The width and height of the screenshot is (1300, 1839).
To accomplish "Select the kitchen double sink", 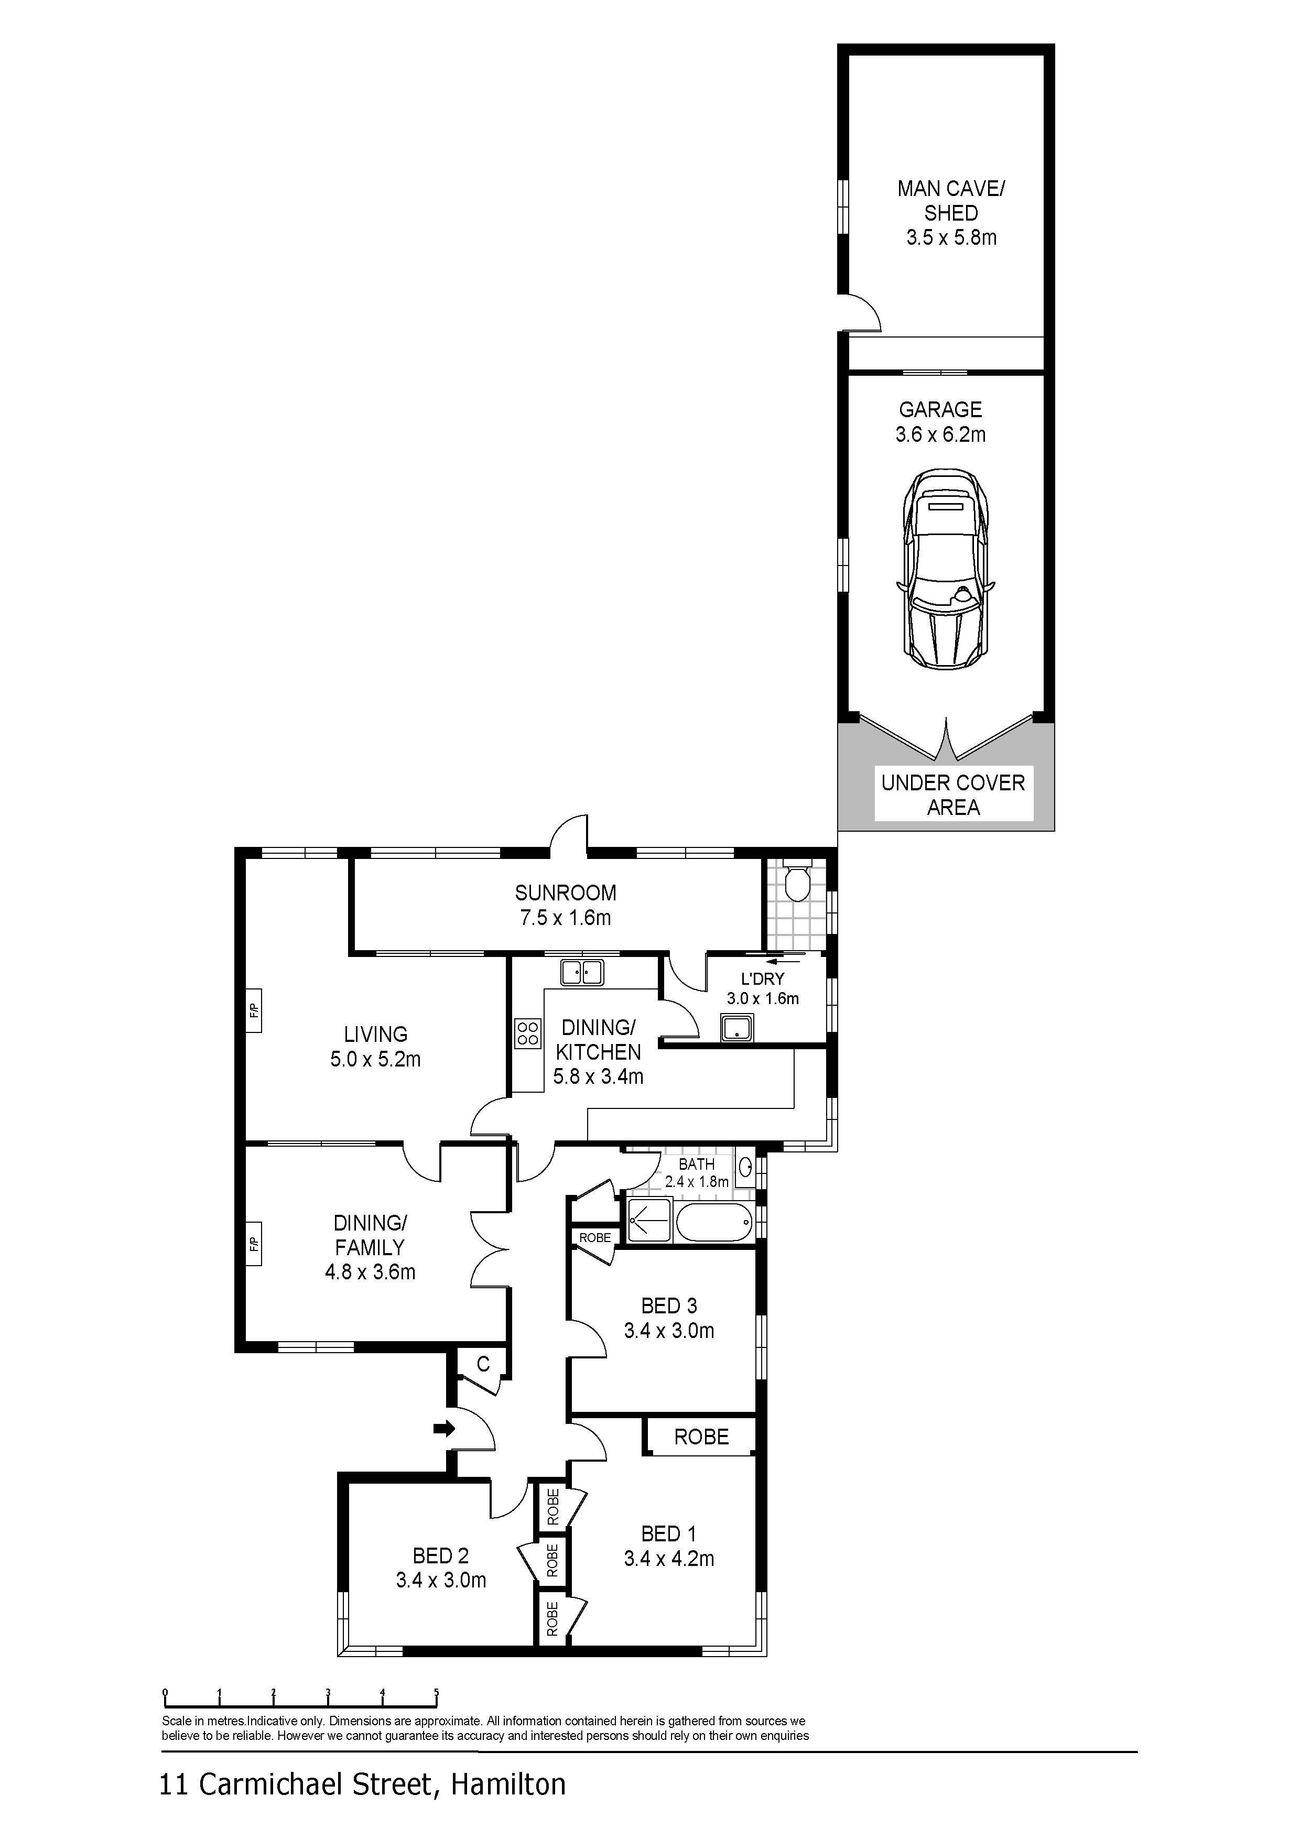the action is pos(582,972).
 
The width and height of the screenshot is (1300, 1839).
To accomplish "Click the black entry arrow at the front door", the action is pos(445,1427).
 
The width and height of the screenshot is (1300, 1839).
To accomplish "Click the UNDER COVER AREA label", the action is pos(953,795).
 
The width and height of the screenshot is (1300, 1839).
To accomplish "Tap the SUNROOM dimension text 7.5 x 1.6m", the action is pos(566,918).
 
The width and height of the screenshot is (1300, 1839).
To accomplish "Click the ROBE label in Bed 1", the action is pos(702,1437).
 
